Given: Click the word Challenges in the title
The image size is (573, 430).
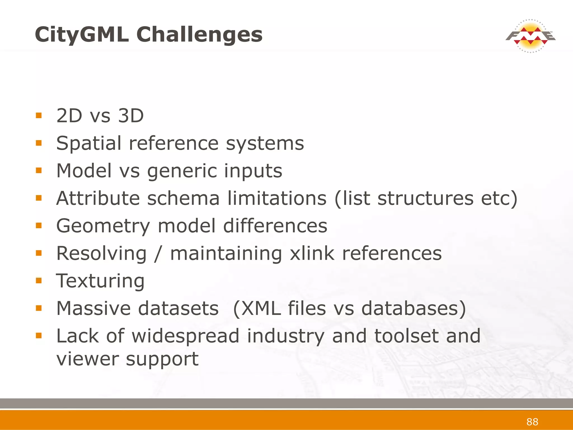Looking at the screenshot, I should tap(199, 35).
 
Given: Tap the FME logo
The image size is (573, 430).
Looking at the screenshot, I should tap(530, 36).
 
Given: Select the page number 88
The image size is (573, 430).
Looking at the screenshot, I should tap(532, 422).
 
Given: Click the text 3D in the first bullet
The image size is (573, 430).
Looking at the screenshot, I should tap(131, 116).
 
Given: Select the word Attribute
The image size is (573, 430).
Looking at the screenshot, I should tap(98, 198).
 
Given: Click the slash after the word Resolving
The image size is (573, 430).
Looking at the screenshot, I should tap(158, 253).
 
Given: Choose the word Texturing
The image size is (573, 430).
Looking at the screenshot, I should tap(100, 281).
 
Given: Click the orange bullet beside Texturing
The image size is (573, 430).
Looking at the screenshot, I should tap(39, 281).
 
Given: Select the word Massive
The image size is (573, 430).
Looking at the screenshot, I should tap(95, 308).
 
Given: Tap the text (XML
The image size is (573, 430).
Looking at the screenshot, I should tap(257, 308).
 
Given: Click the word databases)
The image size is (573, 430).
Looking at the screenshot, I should tap(414, 308).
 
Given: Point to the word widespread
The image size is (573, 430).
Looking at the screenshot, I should tap(185, 336).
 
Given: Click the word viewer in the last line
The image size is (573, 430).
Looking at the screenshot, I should tap(87, 359).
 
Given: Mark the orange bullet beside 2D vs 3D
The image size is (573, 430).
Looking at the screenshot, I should tap(39, 115).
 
